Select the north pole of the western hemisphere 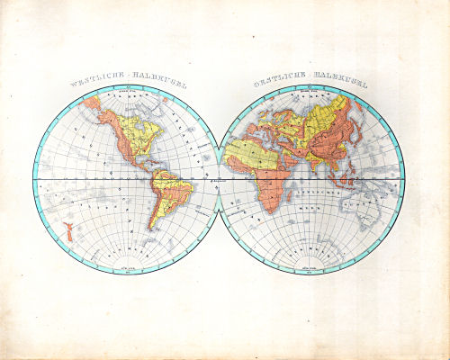[x=127, y=87]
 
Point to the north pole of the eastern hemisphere [x=310, y=87]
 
